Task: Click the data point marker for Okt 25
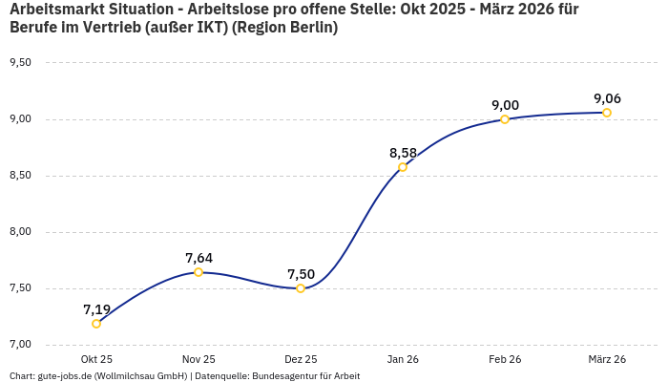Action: (96, 324)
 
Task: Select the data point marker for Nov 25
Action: (198, 272)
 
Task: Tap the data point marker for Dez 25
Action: (301, 288)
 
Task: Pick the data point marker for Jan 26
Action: (403, 167)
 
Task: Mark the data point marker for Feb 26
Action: (505, 119)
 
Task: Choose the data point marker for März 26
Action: (607, 113)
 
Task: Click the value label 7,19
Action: (96, 309)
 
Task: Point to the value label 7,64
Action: (198, 258)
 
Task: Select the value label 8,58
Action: (403, 153)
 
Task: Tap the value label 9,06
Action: (607, 98)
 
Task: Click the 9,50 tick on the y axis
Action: (20, 63)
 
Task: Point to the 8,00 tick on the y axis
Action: (20, 232)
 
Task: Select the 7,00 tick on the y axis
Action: (20, 345)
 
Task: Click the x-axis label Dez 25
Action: (301, 359)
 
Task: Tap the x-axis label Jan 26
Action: (403, 359)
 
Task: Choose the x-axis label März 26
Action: (607, 359)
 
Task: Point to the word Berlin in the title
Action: (310, 28)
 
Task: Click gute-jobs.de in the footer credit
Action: (64, 376)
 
